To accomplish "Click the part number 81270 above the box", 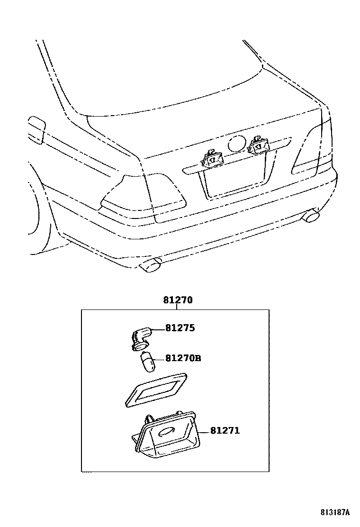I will (178, 300).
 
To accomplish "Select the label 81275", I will (180, 328).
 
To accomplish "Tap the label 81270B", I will (183, 358).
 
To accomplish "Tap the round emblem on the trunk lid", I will (236, 143).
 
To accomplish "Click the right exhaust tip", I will (311, 216).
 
